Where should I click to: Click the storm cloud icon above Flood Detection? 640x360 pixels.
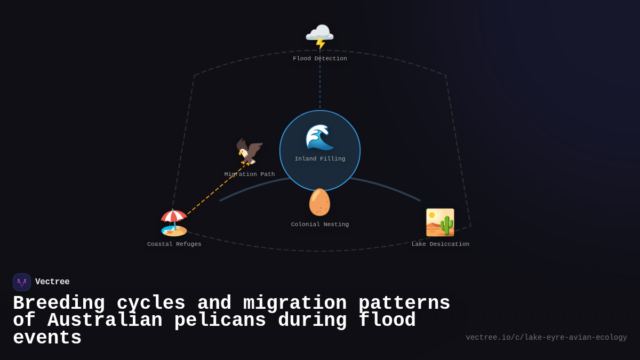(x=319, y=36)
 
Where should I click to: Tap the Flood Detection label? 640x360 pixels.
(x=319, y=59)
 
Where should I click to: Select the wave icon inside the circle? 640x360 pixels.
(x=319, y=137)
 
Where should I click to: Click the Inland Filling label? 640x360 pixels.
(x=319, y=159)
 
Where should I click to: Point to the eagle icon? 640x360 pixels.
(x=250, y=152)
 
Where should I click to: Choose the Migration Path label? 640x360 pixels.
(x=250, y=174)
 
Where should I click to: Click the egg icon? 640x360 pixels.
(x=319, y=202)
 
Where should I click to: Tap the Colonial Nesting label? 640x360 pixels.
(x=319, y=225)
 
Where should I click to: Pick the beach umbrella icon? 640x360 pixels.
(x=174, y=222)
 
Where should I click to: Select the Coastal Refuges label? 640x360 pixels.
(x=174, y=244)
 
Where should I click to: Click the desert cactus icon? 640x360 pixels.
(x=440, y=222)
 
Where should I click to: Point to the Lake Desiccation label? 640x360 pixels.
(x=440, y=244)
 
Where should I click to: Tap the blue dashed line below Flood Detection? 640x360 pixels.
(x=320, y=85)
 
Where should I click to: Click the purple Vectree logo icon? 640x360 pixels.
(x=22, y=282)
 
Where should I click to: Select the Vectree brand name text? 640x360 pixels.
(x=52, y=282)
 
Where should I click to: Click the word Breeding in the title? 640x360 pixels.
(x=59, y=303)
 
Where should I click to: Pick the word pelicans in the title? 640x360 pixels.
(x=220, y=321)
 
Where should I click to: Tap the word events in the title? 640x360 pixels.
(x=47, y=338)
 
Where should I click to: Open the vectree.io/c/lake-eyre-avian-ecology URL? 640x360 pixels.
(x=546, y=338)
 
